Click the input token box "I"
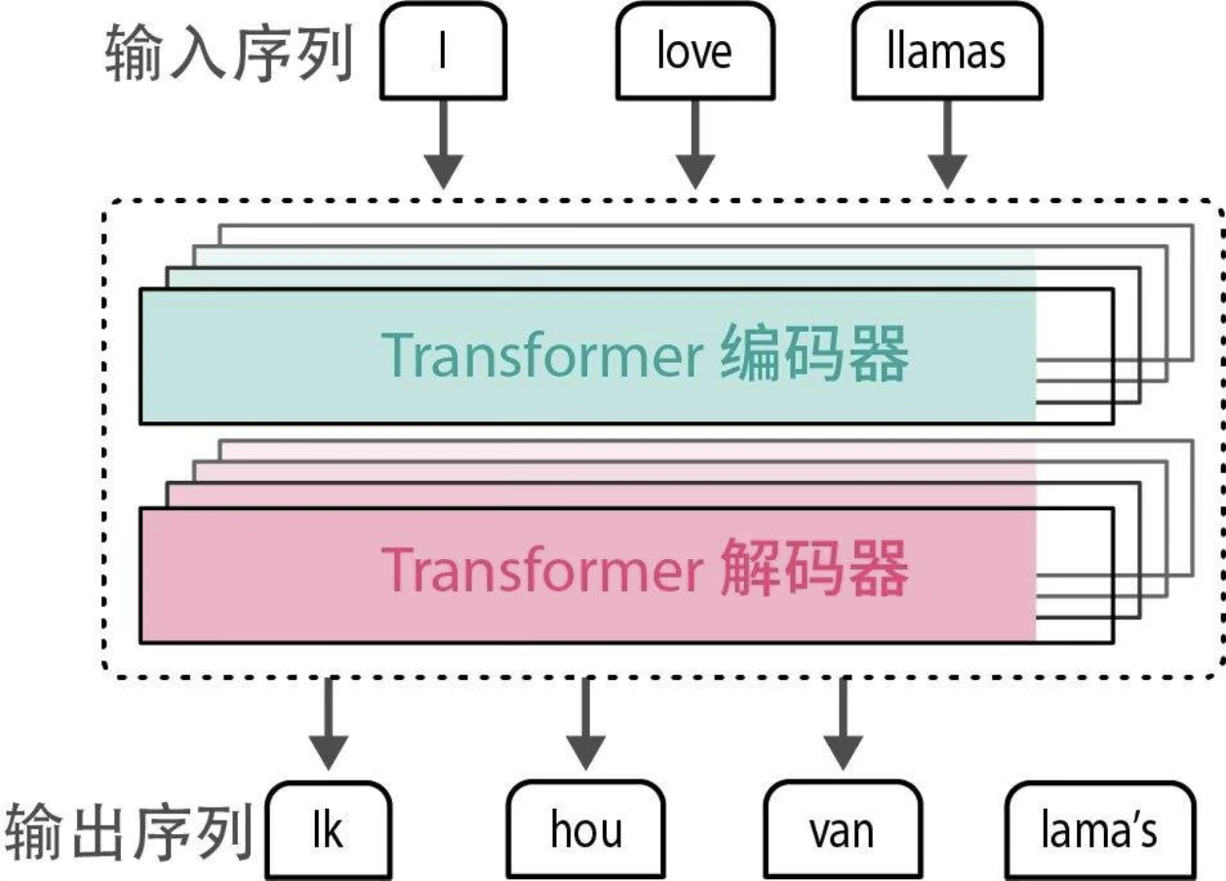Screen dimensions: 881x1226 [443, 50]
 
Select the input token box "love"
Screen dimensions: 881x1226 [693, 50]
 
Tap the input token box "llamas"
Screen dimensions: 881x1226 [945, 50]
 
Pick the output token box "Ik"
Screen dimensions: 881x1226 [329, 829]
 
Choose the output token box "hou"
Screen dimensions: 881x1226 [585, 829]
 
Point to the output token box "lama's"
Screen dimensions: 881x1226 [1099, 829]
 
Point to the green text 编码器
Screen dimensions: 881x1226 [814, 355]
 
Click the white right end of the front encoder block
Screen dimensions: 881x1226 [1074, 356]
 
